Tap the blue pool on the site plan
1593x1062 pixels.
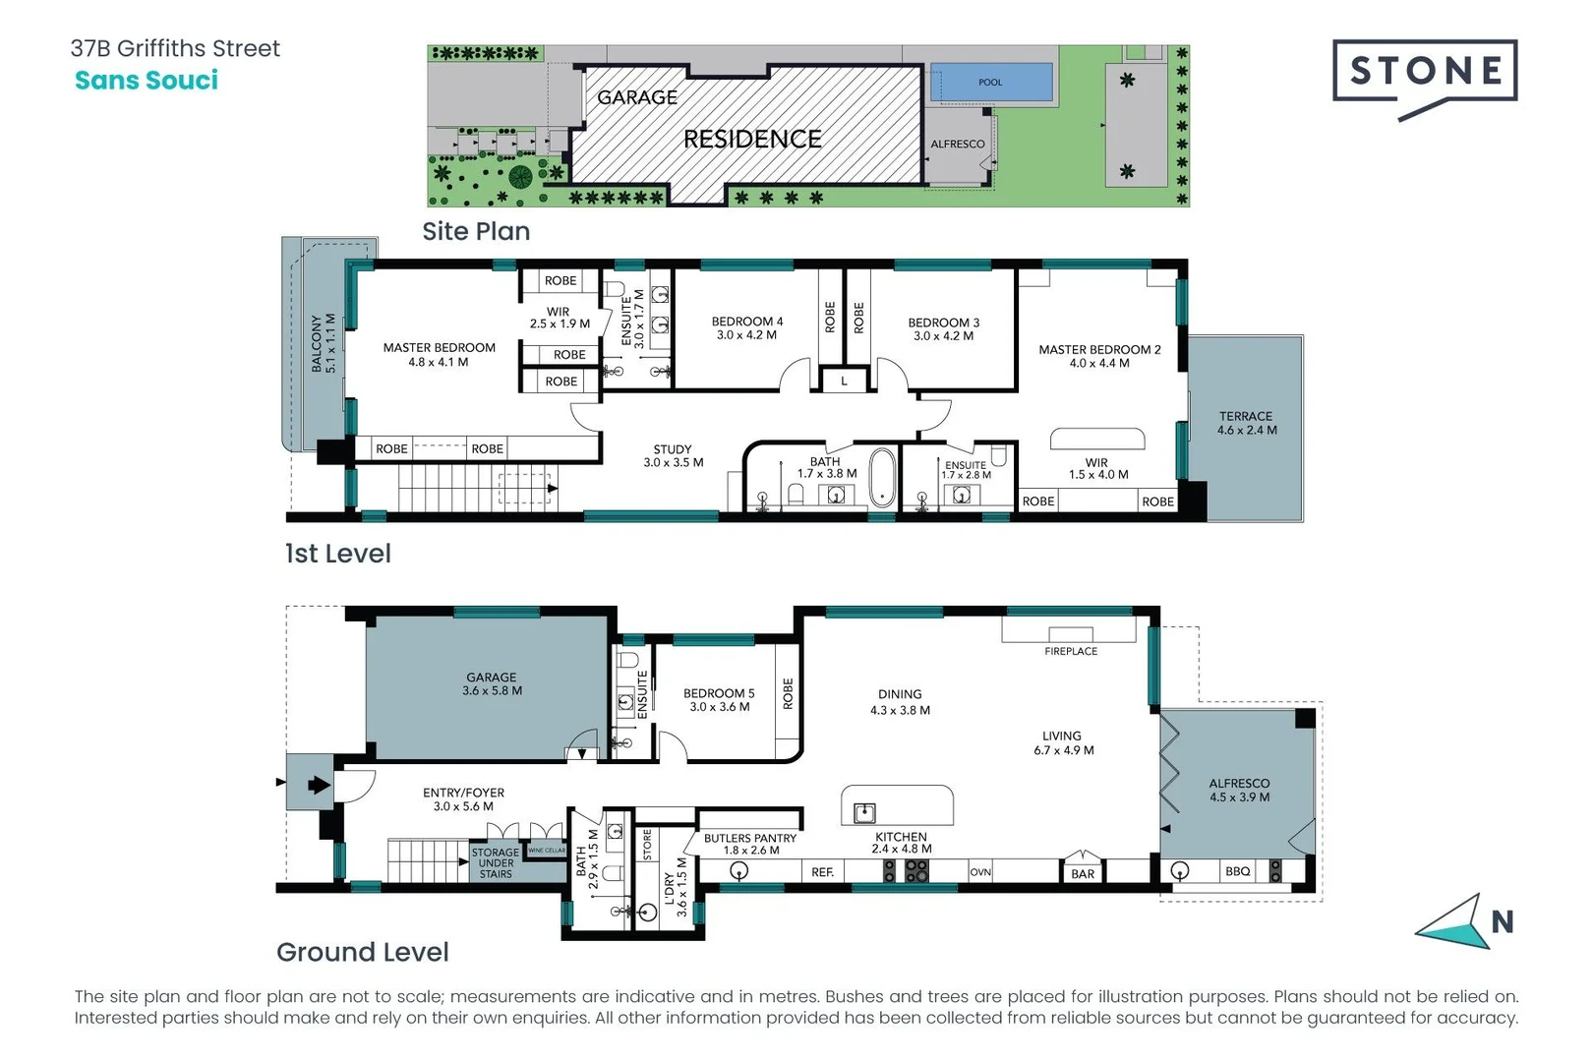[x=990, y=82]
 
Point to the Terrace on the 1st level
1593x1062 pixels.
[x=1246, y=424]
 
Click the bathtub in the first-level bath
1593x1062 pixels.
[x=882, y=478]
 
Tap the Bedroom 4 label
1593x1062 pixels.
[x=747, y=327]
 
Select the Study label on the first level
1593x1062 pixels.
[x=673, y=455]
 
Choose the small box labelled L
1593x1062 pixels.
[x=844, y=381]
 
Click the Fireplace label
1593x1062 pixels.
[x=1071, y=651]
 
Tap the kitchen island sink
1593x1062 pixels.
[x=864, y=812]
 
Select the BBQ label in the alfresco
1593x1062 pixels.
[x=1237, y=871]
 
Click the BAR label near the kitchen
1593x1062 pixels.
[x=1083, y=873]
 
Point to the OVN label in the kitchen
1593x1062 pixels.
[x=980, y=872]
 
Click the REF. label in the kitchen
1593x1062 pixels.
[x=823, y=872]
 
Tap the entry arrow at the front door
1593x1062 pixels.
[x=318, y=785]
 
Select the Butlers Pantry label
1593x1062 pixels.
[x=750, y=844]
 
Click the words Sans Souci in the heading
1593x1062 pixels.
[x=147, y=81]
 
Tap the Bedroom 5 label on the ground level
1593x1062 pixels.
[x=719, y=699]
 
